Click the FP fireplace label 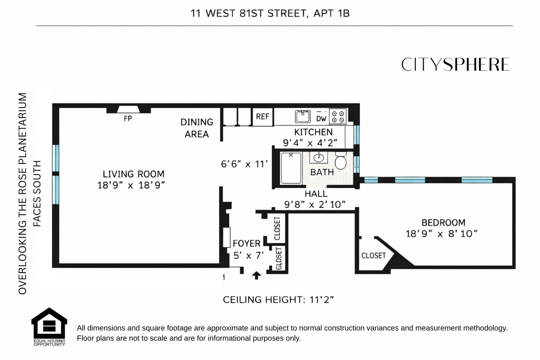coord(127,118)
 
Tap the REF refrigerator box coord(262,117)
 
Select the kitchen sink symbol coord(302,116)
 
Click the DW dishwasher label coord(321,118)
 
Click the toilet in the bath coord(340,161)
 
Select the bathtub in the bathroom coord(291,168)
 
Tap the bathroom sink coord(318,158)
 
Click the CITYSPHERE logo coord(455,65)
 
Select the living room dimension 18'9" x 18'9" coord(131,185)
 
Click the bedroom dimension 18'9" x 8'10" coord(441,234)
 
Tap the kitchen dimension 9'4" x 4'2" coord(310,143)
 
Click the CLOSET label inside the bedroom coord(373,256)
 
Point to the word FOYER coord(247,243)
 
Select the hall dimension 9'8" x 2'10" coord(315,204)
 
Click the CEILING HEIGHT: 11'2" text coord(278,300)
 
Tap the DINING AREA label coord(197,128)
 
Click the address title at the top coord(270,14)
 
